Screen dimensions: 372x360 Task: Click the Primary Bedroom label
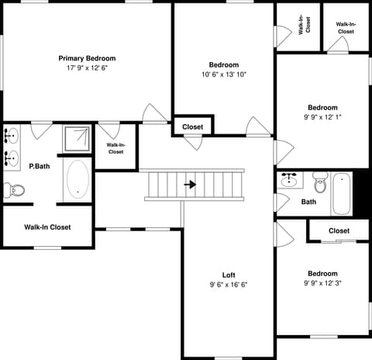(x=87, y=58)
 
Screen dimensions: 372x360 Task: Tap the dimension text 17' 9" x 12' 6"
(x=87, y=68)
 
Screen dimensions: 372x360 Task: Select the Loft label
(x=229, y=275)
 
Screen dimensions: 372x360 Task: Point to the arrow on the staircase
(x=190, y=185)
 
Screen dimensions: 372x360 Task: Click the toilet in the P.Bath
(x=14, y=190)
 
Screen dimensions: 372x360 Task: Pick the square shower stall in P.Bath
(x=77, y=139)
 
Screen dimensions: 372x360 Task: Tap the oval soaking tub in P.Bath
(x=77, y=178)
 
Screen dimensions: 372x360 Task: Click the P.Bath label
(x=40, y=166)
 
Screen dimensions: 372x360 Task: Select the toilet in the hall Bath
(x=321, y=182)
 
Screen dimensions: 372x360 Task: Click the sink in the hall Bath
(x=289, y=180)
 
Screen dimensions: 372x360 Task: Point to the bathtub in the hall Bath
(x=342, y=193)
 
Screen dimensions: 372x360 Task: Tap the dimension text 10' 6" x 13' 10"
(x=224, y=74)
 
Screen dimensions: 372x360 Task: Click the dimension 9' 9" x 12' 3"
(x=322, y=283)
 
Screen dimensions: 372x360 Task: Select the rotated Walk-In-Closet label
(x=305, y=25)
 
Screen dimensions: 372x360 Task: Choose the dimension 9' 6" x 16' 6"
(x=229, y=285)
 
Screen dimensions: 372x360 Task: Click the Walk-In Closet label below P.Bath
(x=47, y=227)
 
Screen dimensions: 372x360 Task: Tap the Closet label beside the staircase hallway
(x=193, y=127)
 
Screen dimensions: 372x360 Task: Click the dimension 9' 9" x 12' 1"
(x=322, y=117)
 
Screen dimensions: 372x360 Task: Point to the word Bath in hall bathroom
(x=308, y=202)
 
